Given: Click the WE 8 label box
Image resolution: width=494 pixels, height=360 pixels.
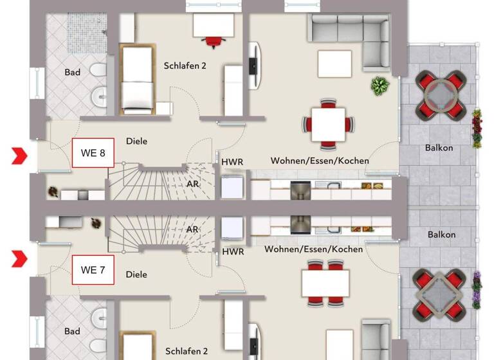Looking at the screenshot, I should coord(93,153).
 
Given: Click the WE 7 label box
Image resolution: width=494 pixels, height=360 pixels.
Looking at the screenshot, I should coord(93,270).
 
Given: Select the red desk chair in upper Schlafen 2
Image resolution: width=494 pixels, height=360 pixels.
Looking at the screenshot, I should coord(214,42).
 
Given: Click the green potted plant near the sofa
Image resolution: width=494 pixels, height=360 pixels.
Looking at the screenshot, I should coord(380,85).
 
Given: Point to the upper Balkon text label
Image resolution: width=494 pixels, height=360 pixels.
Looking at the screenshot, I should coord(439,148).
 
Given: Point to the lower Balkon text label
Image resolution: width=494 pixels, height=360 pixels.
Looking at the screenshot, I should coord(441,235).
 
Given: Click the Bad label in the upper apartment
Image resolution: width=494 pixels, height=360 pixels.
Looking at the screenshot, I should coord(73,72).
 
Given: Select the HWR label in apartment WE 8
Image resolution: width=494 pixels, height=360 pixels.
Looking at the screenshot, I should coord(232,161).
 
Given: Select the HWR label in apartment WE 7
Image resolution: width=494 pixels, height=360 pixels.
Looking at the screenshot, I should coord(232,251).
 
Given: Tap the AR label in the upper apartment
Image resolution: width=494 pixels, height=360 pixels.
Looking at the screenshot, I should coord(192,184).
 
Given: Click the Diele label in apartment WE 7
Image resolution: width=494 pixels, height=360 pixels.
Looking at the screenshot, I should coord(136,274).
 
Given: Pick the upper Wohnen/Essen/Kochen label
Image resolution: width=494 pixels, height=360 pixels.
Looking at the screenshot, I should coord(320,160).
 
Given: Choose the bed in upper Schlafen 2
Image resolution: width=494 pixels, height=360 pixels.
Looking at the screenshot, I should coord(136,78).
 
